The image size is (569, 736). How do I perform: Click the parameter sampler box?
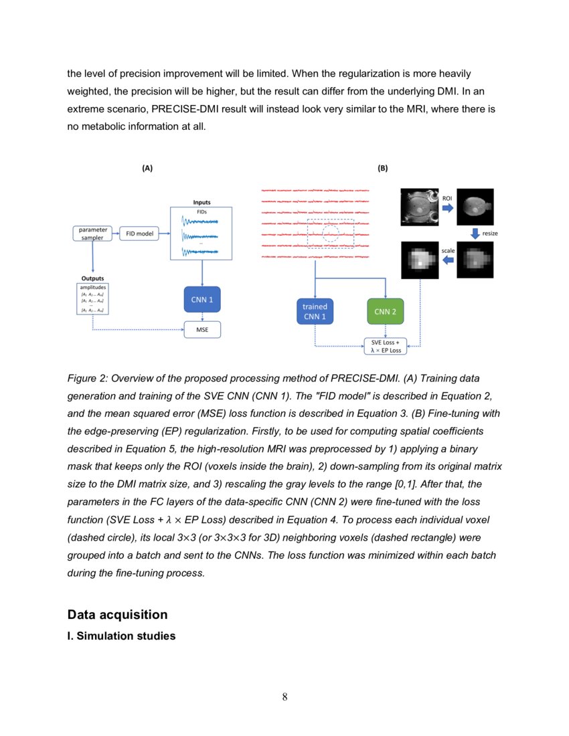[92, 234]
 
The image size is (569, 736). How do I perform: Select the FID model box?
[139, 234]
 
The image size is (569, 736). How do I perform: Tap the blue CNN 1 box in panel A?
[202, 300]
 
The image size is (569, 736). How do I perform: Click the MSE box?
[202, 330]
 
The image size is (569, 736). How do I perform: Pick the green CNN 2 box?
[386, 311]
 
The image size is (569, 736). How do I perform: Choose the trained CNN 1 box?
[315, 311]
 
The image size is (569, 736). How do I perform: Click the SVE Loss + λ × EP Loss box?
[386, 346]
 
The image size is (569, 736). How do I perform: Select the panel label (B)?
[383, 169]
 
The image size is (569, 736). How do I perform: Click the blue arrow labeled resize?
[475, 233]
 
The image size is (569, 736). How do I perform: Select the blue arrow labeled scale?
[447, 259]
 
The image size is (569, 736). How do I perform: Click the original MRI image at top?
[420, 206]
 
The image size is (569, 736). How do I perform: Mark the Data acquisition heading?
[117, 614]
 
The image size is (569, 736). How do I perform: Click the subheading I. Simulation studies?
[121, 636]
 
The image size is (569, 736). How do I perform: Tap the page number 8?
[284, 697]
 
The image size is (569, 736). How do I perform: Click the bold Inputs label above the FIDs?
[201, 202]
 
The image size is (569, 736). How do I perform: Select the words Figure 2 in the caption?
[86, 378]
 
